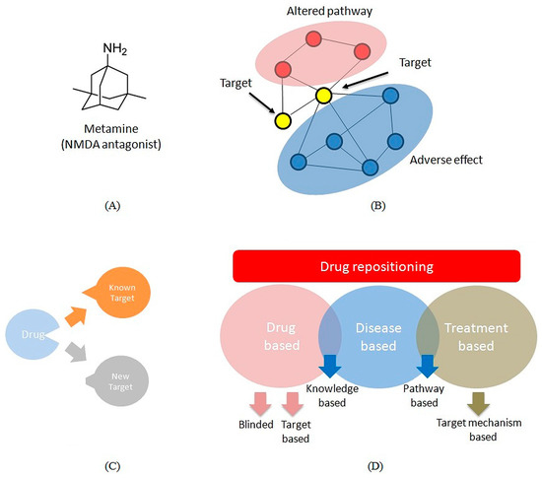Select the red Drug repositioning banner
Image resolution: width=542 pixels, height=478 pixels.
[x=376, y=266]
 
